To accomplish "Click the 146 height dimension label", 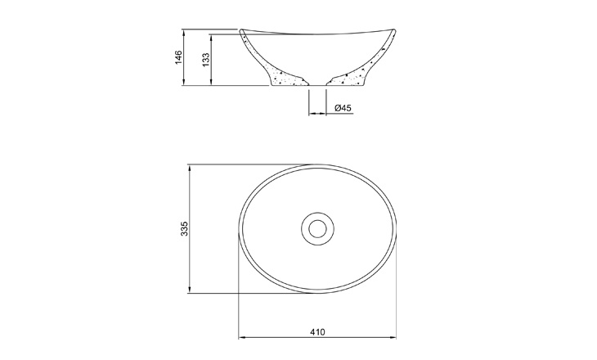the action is (178, 57).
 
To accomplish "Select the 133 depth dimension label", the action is (205, 61).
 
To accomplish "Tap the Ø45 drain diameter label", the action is (343, 108).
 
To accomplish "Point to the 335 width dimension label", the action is (184, 228).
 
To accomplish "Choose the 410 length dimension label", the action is (317, 332).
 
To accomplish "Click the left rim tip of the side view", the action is (240, 29).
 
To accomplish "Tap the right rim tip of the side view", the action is (394, 29).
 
